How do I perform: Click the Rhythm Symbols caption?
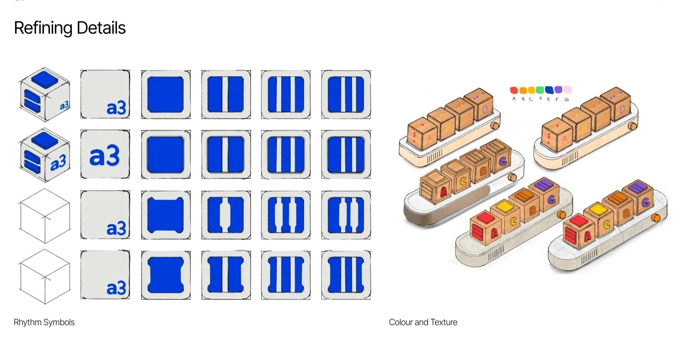[x=44, y=322]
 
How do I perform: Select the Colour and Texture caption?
[x=423, y=322]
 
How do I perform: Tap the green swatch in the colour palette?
[x=540, y=89]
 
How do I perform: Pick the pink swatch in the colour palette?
[x=567, y=89]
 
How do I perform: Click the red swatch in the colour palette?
[x=514, y=90]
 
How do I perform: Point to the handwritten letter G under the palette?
[x=566, y=100]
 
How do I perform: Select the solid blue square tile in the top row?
[x=166, y=95]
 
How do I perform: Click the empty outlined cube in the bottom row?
[x=45, y=277]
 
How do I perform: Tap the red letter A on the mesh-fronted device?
[x=443, y=192]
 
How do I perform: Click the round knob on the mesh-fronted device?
[x=512, y=177]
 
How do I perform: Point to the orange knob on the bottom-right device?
[x=655, y=218]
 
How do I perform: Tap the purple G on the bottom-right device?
[x=645, y=203]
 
